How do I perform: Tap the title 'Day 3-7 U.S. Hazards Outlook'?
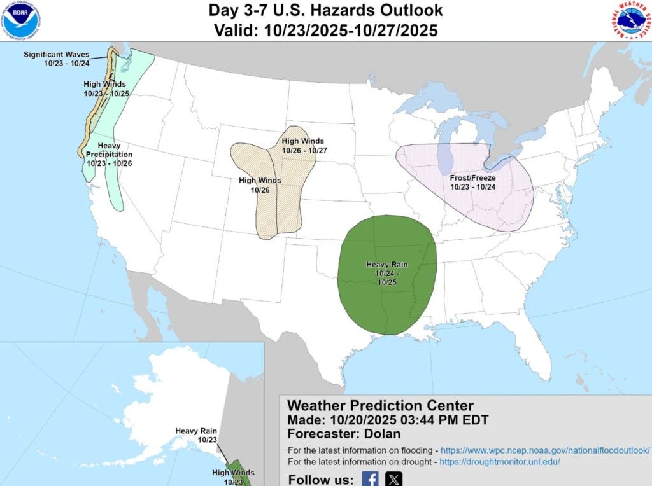325,11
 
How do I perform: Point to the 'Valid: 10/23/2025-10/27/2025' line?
325,31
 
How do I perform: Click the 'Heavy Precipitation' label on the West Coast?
110,155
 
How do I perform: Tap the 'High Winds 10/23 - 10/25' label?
104,88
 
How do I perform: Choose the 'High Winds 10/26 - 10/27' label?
302,146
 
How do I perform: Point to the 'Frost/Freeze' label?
472,183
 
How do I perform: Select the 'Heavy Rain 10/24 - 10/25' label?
386,272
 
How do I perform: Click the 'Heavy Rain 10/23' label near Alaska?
196,435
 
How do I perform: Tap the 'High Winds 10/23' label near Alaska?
233,477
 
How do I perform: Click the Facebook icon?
370,478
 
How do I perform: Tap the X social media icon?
394,478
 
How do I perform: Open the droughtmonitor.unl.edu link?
501,462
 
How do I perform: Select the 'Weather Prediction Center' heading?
380,406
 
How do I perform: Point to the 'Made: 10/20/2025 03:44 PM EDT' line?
388,420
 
